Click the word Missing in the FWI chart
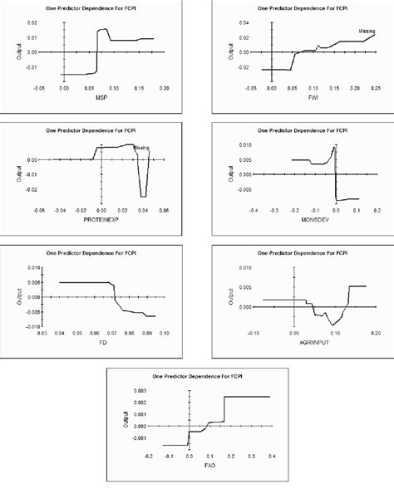point(367,31)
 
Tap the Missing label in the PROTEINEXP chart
point(141,149)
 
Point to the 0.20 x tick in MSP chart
point(165,86)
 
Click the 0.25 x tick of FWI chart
point(376,86)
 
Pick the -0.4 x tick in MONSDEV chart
point(252,209)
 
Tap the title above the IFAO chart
point(197,376)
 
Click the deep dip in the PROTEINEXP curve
point(143,195)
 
